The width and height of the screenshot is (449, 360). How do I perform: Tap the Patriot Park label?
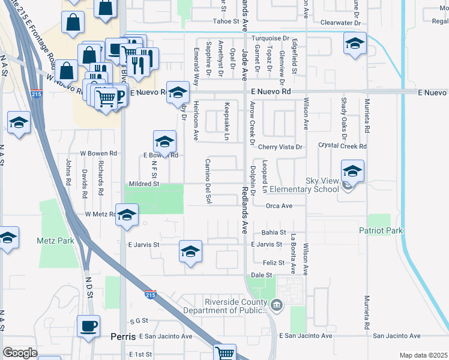[x=380, y=230]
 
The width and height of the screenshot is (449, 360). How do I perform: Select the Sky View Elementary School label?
[x=305, y=185]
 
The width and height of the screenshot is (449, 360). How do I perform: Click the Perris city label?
[x=124, y=337]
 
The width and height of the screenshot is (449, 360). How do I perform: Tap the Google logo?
[x=20, y=353]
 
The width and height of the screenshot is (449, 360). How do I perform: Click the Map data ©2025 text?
[x=423, y=355]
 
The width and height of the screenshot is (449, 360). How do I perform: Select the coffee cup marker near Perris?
[x=88, y=326]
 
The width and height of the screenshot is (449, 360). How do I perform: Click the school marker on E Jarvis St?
[x=190, y=251]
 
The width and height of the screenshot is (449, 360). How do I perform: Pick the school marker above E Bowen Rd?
[x=164, y=142]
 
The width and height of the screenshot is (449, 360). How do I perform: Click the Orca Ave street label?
[x=279, y=206]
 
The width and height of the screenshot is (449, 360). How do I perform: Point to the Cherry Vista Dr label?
[x=282, y=146]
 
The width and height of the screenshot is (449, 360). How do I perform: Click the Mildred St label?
[x=143, y=184]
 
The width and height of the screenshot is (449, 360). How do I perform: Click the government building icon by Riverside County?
[x=276, y=305]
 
